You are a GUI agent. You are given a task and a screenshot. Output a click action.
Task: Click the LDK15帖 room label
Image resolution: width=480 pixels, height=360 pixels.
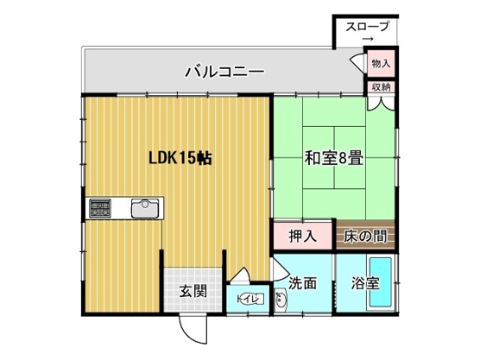tap(178, 158)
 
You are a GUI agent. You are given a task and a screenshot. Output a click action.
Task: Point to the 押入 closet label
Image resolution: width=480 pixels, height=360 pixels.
tap(302, 236)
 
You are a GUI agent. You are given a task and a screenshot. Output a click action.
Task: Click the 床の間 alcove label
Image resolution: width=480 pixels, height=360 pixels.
tap(366, 236)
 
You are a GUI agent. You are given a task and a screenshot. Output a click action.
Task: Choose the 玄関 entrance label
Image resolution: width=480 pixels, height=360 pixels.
tap(193, 291)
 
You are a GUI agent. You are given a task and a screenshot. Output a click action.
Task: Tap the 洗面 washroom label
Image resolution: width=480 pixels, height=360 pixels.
tap(303, 282)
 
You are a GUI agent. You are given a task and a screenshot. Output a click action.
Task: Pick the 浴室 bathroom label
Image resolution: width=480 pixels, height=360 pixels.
tap(365, 282)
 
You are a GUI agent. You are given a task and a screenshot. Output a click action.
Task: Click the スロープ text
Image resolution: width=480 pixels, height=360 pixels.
tap(367, 27)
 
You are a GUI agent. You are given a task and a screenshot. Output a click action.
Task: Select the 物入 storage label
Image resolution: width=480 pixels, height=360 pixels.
tap(381, 63)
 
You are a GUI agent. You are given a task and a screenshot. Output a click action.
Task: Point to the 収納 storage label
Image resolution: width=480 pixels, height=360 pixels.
tap(381, 86)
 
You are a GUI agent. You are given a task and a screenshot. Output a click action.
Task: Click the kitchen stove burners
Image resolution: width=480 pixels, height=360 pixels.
tap(100, 208)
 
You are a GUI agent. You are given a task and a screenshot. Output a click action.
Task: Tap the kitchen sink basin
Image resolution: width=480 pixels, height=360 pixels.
tap(144, 208)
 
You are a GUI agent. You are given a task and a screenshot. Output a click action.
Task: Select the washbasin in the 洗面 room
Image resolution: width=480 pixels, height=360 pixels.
tap(281, 301)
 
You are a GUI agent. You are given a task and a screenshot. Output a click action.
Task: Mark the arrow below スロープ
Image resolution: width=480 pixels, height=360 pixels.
tap(367, 41)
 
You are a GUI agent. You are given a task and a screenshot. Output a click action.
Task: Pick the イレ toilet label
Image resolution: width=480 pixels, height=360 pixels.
tap(249, 299)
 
